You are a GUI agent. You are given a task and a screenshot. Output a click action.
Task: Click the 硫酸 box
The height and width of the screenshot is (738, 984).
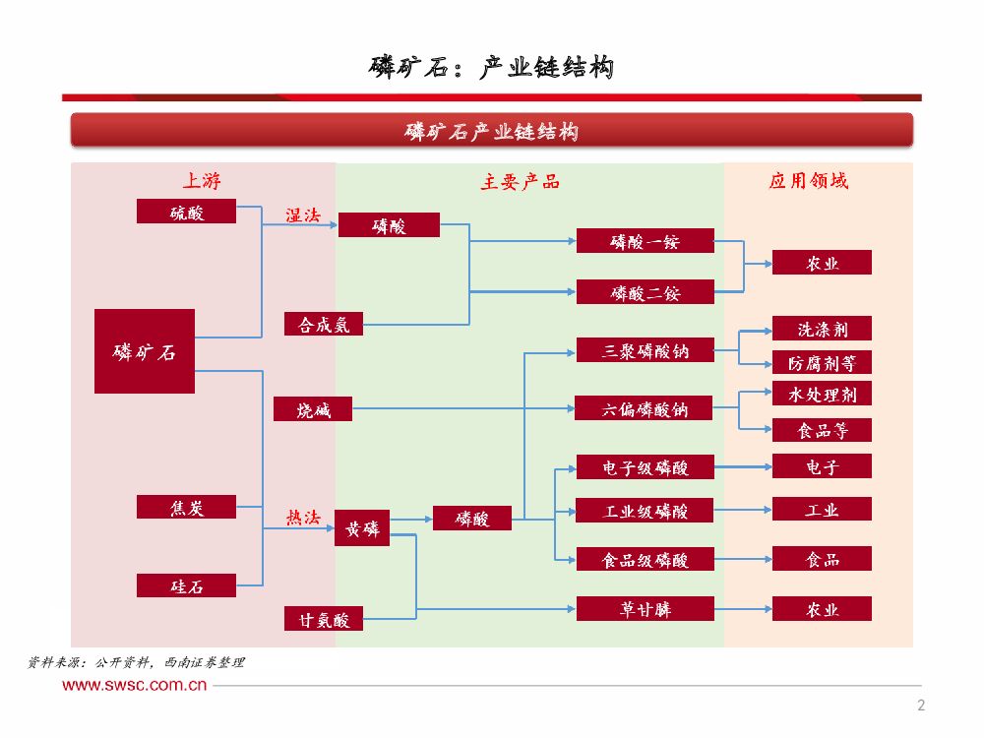tap(187, 212)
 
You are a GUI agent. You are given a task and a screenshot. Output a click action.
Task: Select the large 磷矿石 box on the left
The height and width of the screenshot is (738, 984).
tap(145, 351)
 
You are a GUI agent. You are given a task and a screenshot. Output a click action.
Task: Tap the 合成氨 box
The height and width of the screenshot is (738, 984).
tap(324, 324)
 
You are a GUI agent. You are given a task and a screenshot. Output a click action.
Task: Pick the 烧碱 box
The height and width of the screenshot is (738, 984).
tap(314, 410)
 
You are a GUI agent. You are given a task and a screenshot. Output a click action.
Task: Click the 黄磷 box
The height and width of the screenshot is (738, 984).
tap(362, 527)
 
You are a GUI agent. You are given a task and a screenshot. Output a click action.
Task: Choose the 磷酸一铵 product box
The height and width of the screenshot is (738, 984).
tap(645, 241)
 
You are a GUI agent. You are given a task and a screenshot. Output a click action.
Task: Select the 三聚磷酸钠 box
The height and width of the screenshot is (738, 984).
tap(645, 350)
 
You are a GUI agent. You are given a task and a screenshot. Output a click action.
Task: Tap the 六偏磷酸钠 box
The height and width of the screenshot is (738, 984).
tap(645, 408)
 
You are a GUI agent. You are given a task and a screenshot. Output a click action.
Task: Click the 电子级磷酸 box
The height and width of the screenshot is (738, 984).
tap(645, 466)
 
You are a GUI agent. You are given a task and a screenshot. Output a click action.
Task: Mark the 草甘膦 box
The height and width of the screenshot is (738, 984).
tap(645, 609)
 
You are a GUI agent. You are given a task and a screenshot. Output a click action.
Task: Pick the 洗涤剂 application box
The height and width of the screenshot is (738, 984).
tap(822, 329)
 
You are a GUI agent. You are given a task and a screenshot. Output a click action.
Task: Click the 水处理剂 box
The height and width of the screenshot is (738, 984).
tap(822, 394)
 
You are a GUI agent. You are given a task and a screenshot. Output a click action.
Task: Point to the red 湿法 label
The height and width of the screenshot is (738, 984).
tap(302, 215)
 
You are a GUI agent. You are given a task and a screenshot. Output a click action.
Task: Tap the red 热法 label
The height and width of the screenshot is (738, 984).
tap(302, 517)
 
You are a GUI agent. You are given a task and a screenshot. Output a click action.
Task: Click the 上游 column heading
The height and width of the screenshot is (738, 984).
tap(202, 181)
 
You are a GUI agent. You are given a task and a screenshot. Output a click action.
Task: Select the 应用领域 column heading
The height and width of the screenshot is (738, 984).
tap(808, 181)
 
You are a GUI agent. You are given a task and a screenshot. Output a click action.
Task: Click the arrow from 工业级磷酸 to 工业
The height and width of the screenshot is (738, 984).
tap(743, 511)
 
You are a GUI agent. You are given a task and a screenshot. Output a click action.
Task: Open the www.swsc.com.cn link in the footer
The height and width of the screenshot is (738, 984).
tap(136, 685)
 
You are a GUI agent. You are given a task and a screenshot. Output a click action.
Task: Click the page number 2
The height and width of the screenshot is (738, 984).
tap(921, 705)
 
